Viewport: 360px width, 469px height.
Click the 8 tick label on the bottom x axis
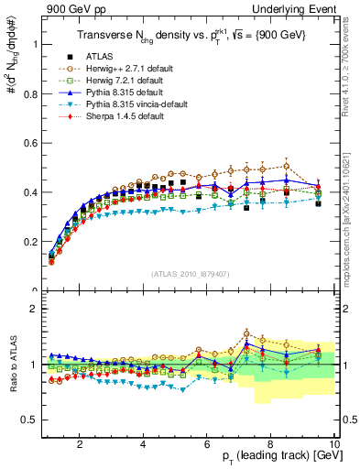point(271,444)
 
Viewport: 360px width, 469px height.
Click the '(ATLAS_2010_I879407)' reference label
point(190,273)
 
